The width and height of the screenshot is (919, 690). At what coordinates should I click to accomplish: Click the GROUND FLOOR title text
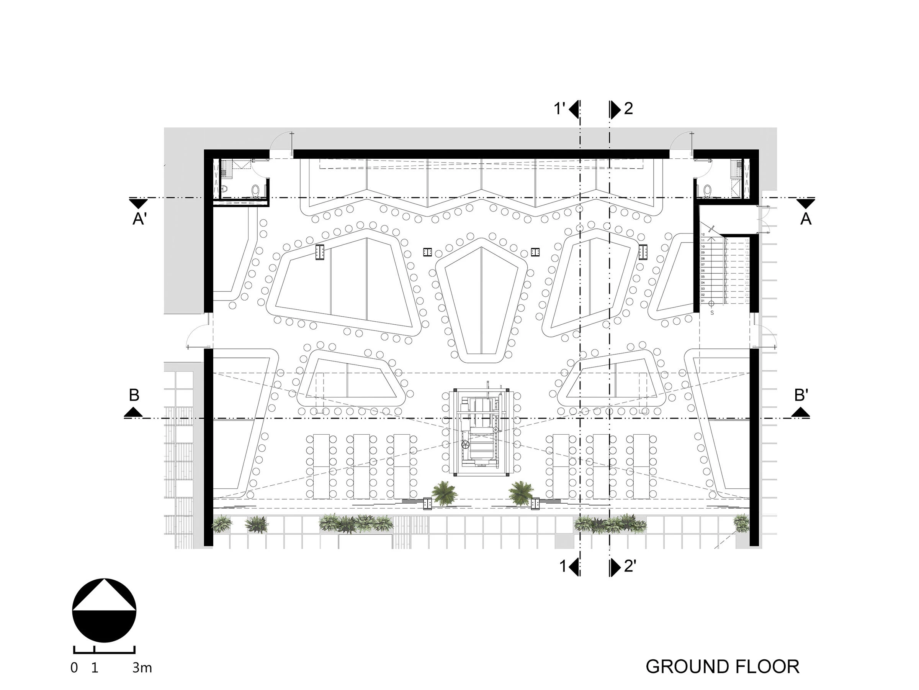(722, 666)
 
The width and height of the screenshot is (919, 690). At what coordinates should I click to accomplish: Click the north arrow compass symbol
(104, 610)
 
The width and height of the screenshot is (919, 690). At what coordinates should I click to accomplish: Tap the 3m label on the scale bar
(142, 668)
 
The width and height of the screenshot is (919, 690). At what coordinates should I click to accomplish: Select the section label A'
(139, 219)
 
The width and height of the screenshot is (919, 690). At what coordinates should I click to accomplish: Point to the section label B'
(801, 395)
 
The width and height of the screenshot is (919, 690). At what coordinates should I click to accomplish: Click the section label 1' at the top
(559, 109)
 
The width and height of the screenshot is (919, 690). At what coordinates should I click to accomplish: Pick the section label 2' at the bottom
(630, 567)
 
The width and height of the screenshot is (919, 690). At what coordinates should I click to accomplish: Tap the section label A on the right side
(806, 219)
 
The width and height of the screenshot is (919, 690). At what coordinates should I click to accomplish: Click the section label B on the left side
(134, 395)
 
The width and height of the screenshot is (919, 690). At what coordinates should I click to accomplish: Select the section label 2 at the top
(628, 108)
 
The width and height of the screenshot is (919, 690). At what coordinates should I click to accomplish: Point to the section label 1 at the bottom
(563, 567)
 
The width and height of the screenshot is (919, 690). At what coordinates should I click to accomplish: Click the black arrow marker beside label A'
(138, 204)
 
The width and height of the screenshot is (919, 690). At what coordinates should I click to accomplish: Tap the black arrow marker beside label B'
(800, 412)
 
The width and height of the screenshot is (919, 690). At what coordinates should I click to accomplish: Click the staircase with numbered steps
(724, 268)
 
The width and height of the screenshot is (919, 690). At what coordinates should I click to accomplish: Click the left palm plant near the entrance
(444, 493)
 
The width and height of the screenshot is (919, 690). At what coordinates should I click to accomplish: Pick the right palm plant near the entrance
(521, 493)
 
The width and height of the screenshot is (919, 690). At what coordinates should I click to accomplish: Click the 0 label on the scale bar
(74, 668)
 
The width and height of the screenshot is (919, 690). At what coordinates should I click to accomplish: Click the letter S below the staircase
(712, 313)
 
